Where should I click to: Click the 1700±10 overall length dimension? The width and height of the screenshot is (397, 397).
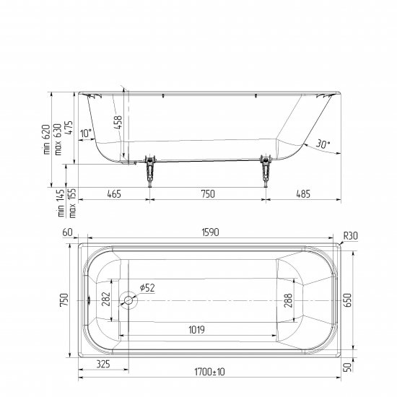tap(209, 372)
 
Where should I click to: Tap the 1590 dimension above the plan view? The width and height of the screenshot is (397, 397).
tap(210, 232)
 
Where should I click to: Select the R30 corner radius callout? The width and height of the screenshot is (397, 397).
tap(351, 236)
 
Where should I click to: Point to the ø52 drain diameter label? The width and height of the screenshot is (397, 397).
tap(147, 288)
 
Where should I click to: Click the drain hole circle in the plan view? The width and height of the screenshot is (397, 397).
tap(128, 300)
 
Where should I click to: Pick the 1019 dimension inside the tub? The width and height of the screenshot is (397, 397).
tap(197, 330)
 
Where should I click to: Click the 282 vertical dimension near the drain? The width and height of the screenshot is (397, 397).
tap(106, 299)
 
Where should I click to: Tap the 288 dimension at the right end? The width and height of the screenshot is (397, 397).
tap(288, 300)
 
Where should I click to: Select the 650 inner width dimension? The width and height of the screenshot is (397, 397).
tap(349, 300)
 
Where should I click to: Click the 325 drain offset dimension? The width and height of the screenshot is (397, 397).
tap(103, 364)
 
